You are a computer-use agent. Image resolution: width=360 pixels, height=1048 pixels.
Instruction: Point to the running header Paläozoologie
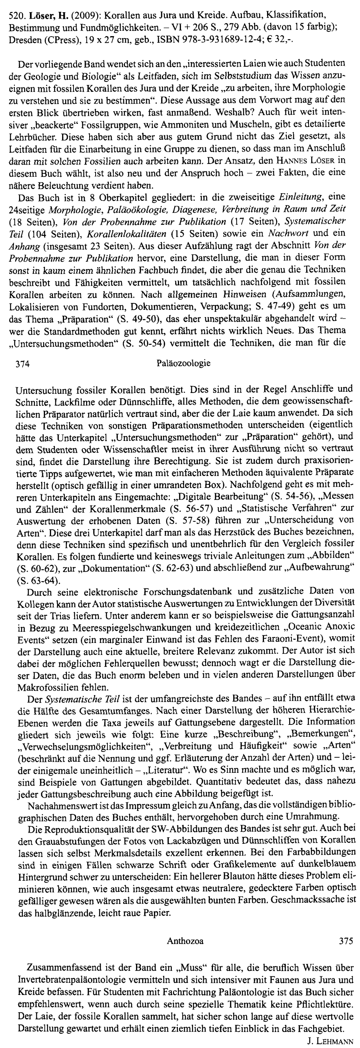183,363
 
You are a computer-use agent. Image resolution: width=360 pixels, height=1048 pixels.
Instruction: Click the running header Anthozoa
185,940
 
